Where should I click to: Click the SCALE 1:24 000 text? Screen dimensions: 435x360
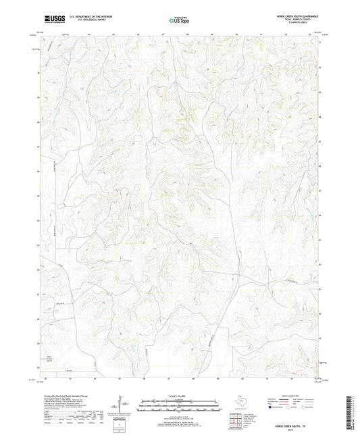click(x=180, y=396)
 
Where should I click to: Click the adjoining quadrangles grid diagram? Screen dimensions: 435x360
click(x=237, y=421)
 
